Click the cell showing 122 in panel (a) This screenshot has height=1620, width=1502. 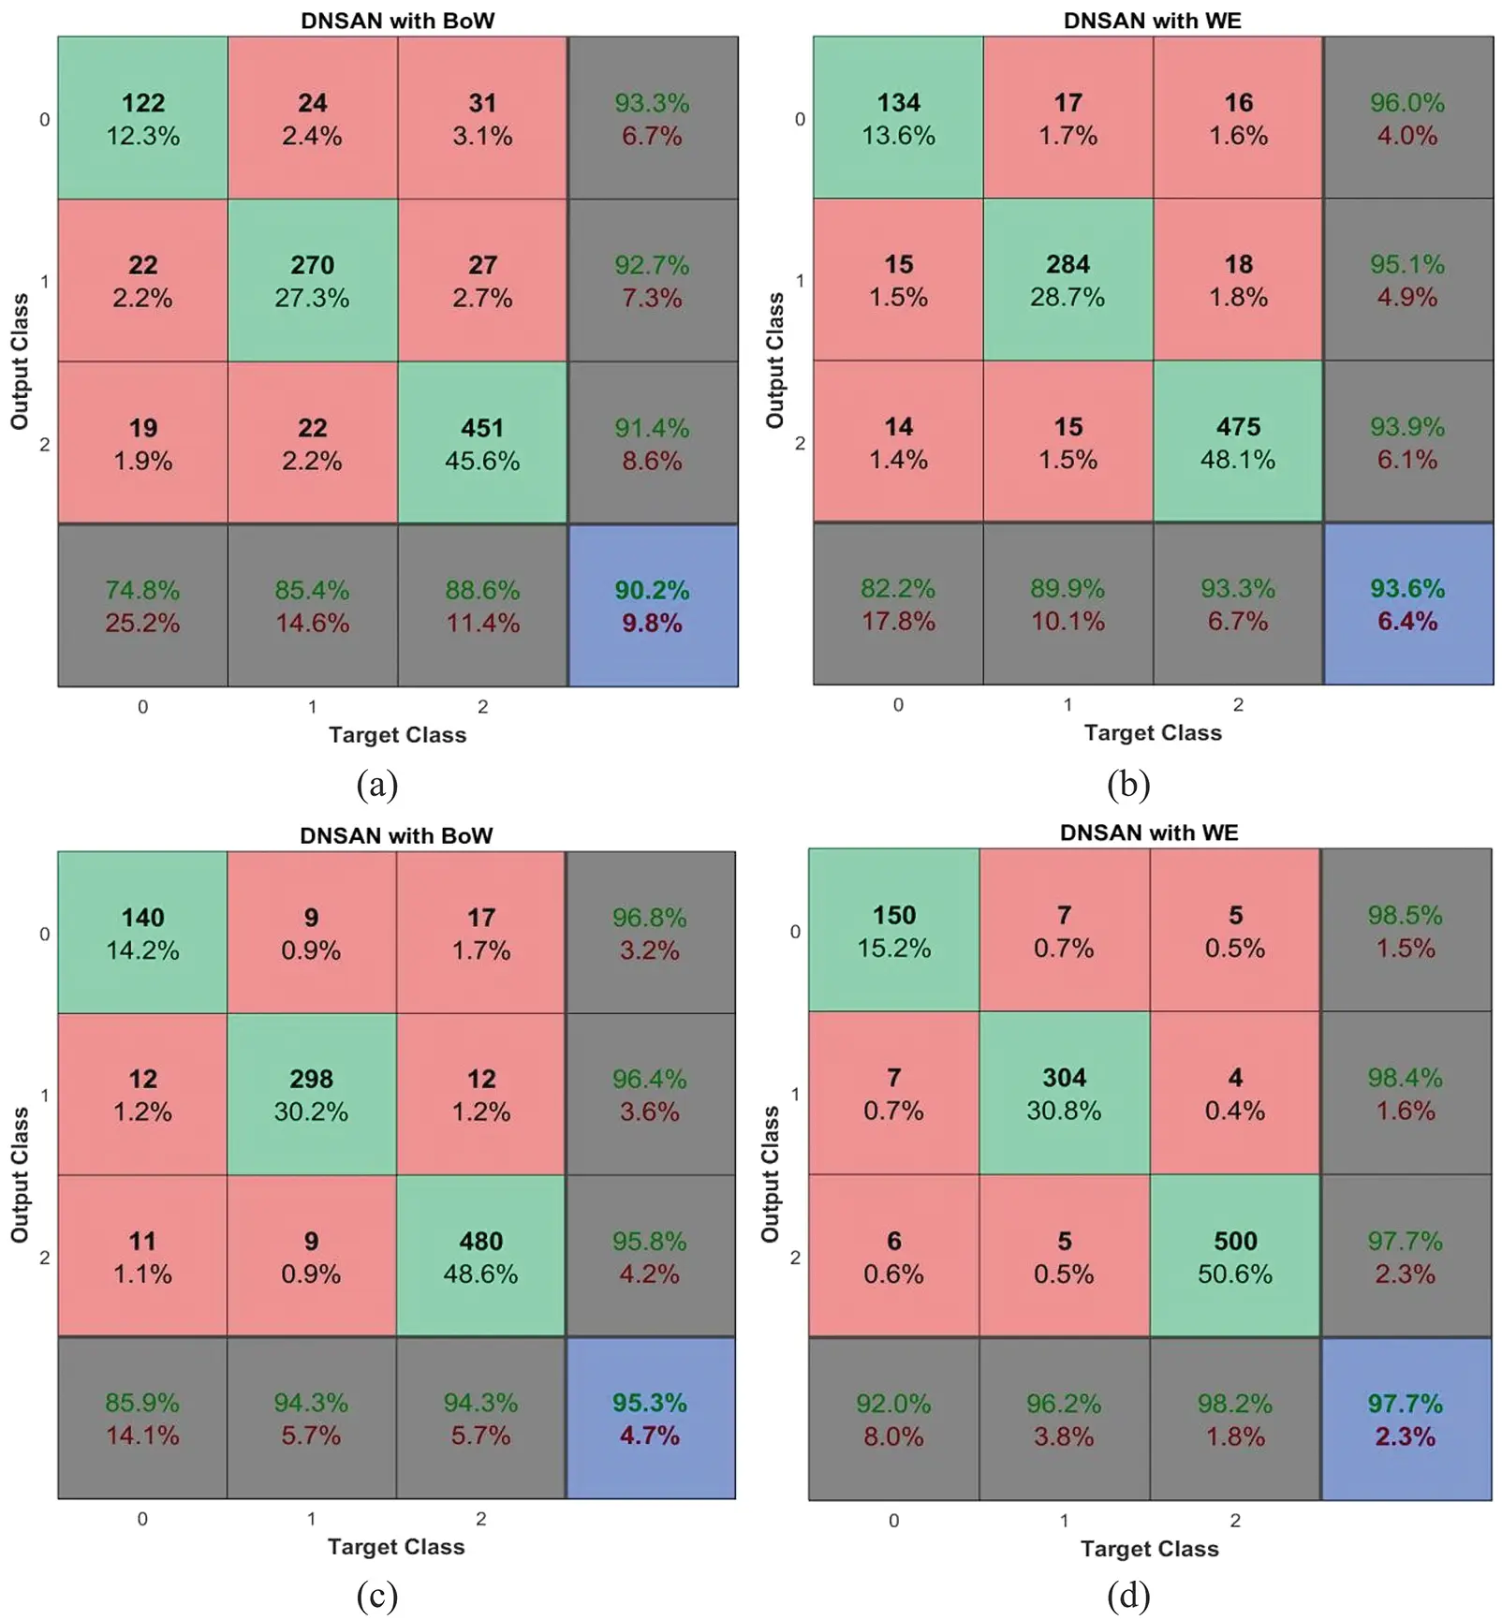142,118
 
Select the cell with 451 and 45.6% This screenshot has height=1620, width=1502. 482,443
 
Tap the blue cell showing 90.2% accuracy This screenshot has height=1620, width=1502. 653,606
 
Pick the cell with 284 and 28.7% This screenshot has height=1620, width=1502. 1068,280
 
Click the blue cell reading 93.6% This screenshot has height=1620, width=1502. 1407,604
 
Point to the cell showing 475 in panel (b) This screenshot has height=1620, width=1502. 1238,442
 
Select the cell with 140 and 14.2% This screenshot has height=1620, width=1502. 142,933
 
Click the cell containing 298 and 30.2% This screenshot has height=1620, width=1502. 311,1095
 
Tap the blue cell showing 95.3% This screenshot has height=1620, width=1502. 650,1418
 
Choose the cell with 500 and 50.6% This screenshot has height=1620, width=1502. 1235,1256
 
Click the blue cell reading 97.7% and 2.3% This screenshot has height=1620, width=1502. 1406,1419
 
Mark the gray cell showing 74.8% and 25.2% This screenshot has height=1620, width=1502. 142,606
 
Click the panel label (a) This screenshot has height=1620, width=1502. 377,784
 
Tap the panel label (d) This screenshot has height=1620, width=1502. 1128,1596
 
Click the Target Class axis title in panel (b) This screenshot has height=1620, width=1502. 1153,732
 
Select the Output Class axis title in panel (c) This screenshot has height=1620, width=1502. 20,1174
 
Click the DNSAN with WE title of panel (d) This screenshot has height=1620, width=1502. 1149,832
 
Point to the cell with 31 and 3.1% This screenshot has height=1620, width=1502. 482,118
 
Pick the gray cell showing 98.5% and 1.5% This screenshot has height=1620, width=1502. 1406,931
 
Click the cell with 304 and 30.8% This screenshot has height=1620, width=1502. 1064,1093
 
